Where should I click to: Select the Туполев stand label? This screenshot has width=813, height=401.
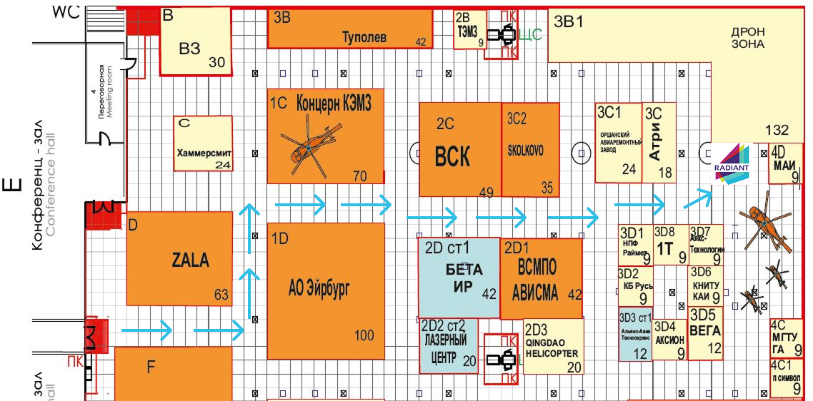364,36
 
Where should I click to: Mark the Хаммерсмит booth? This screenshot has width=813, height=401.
204,145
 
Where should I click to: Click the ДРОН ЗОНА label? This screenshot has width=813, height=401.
747,38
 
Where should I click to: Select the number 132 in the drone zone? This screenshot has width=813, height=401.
777,130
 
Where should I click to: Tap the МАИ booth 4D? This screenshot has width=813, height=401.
787,164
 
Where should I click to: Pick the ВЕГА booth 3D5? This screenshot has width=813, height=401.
705,333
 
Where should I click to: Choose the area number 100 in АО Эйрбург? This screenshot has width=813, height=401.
364,335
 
